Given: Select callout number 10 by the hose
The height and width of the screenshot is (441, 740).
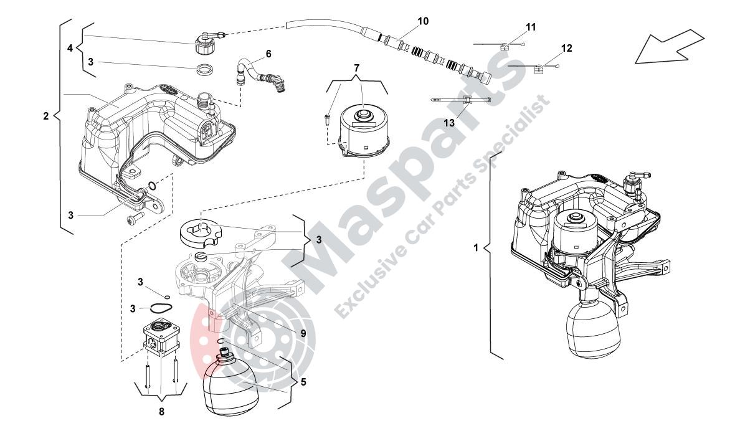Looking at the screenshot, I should (x=423, y=22).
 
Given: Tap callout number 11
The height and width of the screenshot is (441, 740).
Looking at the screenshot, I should (x=531, y=27).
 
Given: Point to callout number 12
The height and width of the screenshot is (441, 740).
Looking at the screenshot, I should (x=566, y=48).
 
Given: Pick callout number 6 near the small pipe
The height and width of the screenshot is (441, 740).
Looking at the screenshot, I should (x=268, y=54).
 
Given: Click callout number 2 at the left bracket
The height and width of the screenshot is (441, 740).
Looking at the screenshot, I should (x=46, y=116).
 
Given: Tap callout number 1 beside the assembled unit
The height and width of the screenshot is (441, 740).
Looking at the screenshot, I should (x=476, y=247).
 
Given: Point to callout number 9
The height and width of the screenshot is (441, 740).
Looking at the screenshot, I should (x=303, y=333).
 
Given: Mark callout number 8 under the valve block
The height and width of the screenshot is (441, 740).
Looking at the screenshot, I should (x=162, y=411).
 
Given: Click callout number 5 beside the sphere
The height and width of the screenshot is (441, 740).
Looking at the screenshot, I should (x=303, y=381).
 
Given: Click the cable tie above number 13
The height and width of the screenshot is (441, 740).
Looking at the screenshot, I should (x=462, y=100).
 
